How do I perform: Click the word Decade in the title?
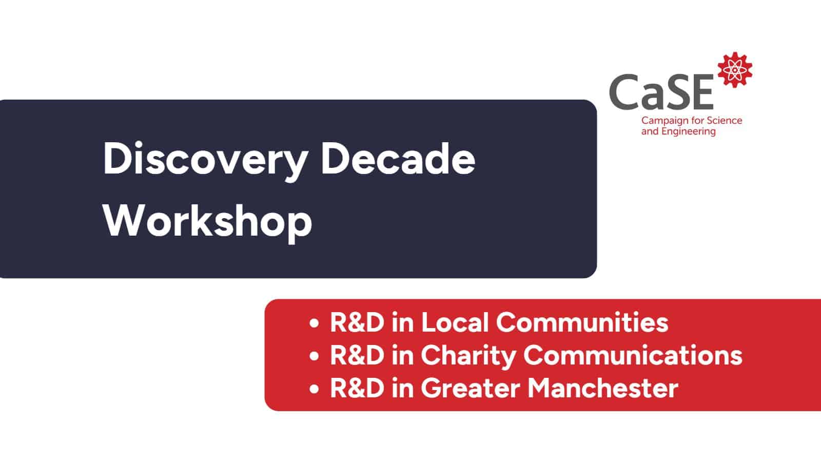pos(398,159)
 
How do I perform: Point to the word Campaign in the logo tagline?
pos(662,121)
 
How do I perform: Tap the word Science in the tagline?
pos(725,121)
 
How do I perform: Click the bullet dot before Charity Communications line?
pos(315,357)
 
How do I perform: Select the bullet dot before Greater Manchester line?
pos(315,389)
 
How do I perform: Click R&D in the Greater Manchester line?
pos(357,388)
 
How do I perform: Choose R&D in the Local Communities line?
pos(357,322)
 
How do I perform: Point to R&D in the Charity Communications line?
pos(357,355)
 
